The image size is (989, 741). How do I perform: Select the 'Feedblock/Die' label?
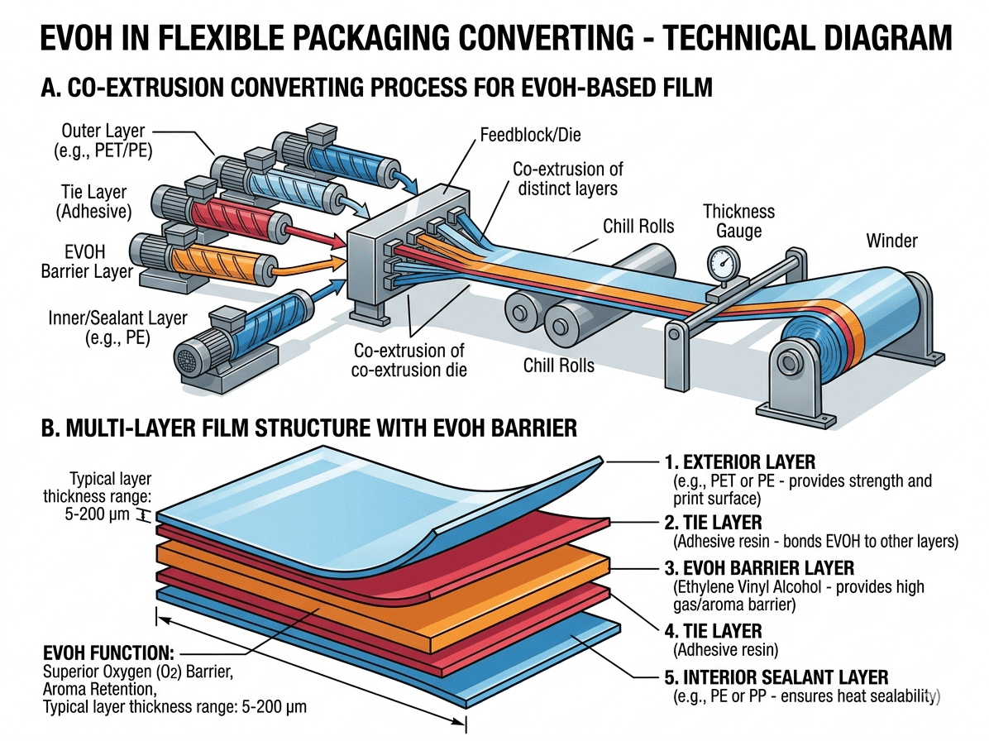coord(519,133)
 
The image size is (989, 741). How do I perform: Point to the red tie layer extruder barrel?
coord(235,215)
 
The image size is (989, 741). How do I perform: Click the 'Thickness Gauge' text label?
coord(738,221)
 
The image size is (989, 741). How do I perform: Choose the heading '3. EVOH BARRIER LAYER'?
coord(759,569)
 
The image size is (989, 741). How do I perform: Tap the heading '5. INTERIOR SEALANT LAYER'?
coord(776,676)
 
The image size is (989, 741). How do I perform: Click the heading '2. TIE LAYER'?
coord(713,523)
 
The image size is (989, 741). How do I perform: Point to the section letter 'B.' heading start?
coord(50,430)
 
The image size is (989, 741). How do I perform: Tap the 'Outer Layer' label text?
coord(103,131)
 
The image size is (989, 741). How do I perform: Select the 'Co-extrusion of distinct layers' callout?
coord(568,179)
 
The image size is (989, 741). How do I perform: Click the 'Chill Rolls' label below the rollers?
coord(558,364)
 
